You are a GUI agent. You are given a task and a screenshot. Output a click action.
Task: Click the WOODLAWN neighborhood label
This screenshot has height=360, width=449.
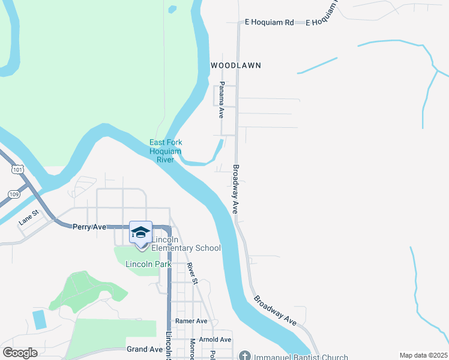(x=236, y=65)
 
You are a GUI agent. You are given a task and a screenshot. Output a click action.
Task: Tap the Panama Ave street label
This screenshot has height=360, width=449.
(x=221, y=100)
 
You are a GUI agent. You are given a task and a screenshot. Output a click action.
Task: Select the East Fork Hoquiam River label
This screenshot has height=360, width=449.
(x=166, y=151)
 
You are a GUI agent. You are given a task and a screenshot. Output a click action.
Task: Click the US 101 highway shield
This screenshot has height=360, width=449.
(x=17, y=170)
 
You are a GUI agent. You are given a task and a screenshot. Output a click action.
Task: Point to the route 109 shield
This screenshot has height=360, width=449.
(x=14, y=194)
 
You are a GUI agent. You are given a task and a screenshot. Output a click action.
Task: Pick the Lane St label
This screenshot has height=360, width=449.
(x=28, y=217)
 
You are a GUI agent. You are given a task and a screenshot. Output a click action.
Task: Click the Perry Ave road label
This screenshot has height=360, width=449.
(x=89, y=227)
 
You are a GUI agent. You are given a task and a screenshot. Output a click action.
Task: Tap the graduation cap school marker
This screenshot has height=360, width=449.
(x=140, y=233)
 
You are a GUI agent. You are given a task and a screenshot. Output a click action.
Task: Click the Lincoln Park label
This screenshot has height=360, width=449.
(x=148, y=264)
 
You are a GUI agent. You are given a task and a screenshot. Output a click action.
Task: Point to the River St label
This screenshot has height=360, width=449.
(x=192, y=273)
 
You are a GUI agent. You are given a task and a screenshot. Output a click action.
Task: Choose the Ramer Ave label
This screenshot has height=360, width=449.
(x=191, y=321)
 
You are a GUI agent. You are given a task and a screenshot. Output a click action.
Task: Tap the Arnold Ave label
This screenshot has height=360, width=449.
(x=215, y=339)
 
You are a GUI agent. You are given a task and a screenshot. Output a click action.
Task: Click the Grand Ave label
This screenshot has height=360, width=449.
(x=145, y=349)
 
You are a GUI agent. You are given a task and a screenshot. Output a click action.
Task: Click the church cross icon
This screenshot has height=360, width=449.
(x=244, y=355)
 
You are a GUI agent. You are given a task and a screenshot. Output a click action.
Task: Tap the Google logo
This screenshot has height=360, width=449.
(x=20, y=353)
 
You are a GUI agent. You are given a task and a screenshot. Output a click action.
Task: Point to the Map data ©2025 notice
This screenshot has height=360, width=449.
(x=423, y=355)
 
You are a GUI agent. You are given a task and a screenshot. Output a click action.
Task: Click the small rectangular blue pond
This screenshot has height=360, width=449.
(x=39, y=319)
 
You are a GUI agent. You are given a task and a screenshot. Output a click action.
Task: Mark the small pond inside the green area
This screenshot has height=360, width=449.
(x=173, y=9)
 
